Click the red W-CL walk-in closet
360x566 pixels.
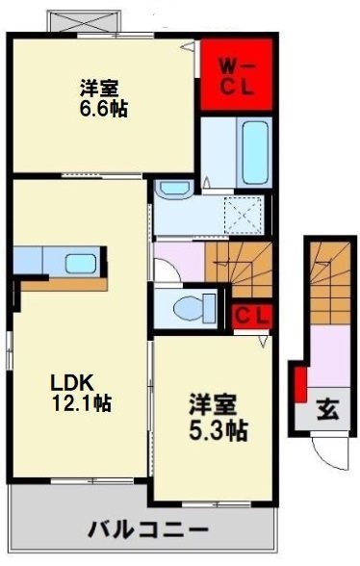pyautogui.click(x=236, y=75)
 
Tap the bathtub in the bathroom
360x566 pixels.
pyautogui.click(x=255, y=153)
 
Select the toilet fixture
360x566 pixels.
pyautogui.click(x=193, y=309)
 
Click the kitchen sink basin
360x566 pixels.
pyautogui.click(x=81, y=263)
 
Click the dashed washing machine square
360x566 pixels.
pyautogui.click(x=243, y=214)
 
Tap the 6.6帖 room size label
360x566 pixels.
pyautogui.click(x=103, y=108)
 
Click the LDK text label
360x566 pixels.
pyautogui.click(x=72, y=383)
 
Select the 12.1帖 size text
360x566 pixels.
pyautogui.click(x=82, y=402)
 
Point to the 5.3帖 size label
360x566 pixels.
pyautogui.click(x=219, y=430)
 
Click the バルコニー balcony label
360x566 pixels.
pyautogui.click(x=148, y=530)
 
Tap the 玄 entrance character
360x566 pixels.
pyautogui.click(x=328, y=410)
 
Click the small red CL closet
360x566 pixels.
pyautogui.click(x=251, y=317)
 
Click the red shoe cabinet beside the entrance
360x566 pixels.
pyautogui.click(x=300, y=385)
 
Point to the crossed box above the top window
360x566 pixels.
pyautogui.click(x=84, y=21)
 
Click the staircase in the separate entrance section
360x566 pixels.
pyautogui.click(x=330, y=283)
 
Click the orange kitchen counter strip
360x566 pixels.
pyautogui.click(x=64, y=285)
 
